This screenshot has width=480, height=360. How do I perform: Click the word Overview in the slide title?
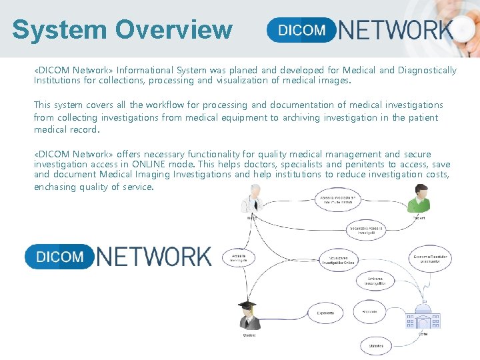(x=173, y=30)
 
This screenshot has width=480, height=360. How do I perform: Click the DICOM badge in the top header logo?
(x=301, y=30)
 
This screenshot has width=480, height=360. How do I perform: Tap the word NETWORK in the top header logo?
(x=396, y=30)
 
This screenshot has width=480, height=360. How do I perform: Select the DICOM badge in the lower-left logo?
(x=59, y=257)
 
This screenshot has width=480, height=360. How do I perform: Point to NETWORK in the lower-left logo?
(x=154, y=257)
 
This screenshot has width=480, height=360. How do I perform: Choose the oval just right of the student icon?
(x=325, y=311)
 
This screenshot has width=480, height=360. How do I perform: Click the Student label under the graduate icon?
(x=247, y=335)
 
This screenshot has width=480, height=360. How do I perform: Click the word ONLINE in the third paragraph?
(x=150, y=164)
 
